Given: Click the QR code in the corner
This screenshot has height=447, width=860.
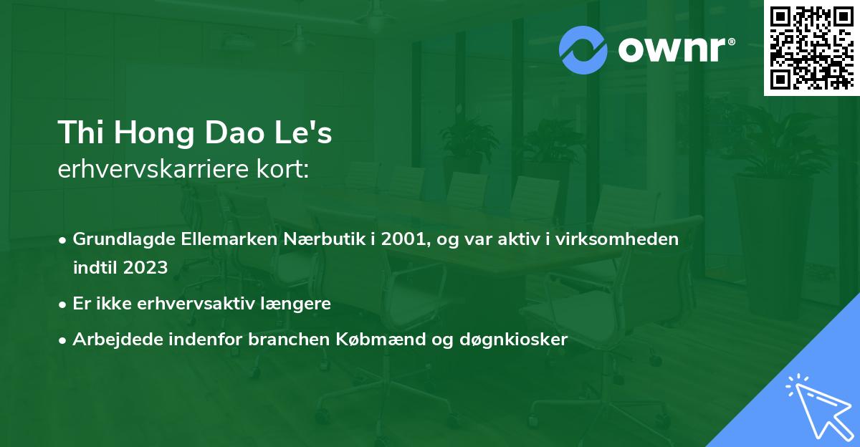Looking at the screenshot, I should (x=812, y=47).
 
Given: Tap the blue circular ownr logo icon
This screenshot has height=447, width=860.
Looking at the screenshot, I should (x=583, y=48).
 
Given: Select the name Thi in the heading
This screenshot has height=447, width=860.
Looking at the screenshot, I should (x=82, y=133).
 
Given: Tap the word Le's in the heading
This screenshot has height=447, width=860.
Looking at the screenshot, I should (x=310, y=133).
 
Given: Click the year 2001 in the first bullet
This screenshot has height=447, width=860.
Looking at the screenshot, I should (x=404, y=239).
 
